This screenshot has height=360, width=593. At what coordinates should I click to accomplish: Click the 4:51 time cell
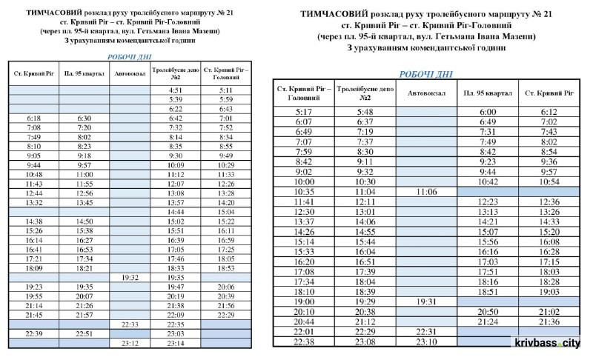(176, 90)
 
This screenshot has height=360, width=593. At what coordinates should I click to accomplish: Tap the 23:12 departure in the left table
(130, 343)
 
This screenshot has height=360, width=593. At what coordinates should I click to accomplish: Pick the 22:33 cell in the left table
(130, 324)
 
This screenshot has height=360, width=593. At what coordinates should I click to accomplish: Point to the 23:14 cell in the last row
(176, 343)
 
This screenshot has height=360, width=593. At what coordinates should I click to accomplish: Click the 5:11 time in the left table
(226, 90)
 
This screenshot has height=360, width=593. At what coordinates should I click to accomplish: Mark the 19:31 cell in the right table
(426, 301)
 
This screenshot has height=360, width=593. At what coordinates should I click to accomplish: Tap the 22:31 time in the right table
(426, 331)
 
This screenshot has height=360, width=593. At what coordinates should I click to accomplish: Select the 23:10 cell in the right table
(426, 341)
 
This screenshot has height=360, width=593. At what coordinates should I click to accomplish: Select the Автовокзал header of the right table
(426, 94)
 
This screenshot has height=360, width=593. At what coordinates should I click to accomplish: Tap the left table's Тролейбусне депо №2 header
(176, 73)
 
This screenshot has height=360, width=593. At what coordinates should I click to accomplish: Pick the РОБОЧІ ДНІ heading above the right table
(425, 74)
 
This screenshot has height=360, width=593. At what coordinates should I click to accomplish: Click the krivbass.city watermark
(552, 344)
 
